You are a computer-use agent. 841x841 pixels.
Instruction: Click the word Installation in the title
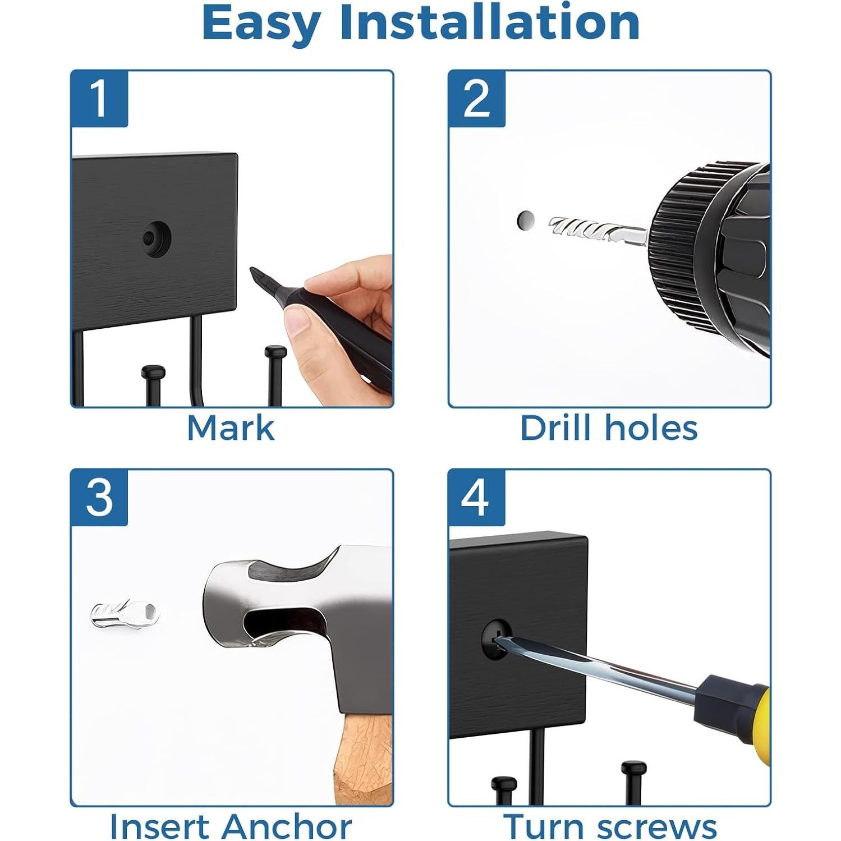(x=490, y=22)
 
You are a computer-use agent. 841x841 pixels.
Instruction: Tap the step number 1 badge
(x=99, y=99)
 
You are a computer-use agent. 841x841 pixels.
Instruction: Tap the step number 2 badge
(x=477, y=99)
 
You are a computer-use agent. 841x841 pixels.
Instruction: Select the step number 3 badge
(x=99, y=498)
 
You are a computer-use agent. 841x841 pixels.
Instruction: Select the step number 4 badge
(x=477, y=498)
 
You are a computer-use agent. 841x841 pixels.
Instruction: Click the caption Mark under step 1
(x=231, y=428)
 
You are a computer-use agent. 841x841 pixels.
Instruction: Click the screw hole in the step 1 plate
(x=157, y=238)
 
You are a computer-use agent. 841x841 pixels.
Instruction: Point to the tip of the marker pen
(x=251, y=270)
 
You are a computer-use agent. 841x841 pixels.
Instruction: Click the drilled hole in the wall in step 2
(x=525, y=220)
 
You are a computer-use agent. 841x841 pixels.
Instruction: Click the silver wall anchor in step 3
(x=125, y=614)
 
